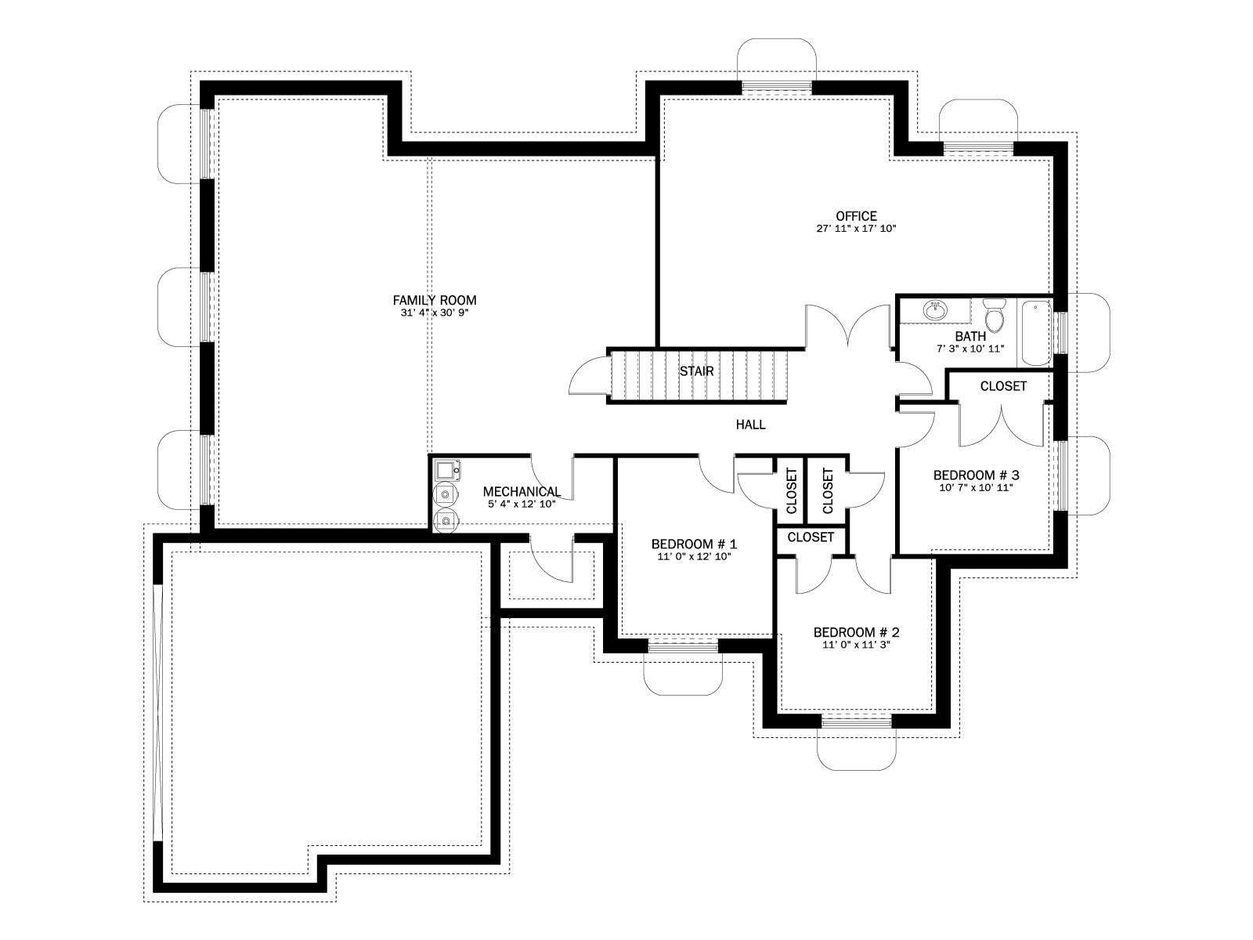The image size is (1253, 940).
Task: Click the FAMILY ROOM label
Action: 434,300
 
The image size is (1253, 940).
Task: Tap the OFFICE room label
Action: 856,215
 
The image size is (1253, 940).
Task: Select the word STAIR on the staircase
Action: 696,371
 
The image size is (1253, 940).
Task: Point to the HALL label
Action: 750,424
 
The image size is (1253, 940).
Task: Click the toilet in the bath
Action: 995,315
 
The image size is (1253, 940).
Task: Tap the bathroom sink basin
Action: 934,311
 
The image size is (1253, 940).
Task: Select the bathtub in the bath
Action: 1035,333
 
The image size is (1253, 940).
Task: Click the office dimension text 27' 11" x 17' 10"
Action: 856,229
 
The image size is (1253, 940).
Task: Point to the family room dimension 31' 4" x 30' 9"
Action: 434,313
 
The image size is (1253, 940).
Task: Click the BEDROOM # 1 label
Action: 694,544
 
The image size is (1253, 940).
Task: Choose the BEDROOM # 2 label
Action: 856,632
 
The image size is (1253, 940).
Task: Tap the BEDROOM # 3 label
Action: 976,475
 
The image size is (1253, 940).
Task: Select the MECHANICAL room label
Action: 522,491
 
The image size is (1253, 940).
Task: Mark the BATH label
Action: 970,336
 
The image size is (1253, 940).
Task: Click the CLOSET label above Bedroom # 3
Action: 1003,386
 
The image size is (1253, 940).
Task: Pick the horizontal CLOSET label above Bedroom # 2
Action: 810,537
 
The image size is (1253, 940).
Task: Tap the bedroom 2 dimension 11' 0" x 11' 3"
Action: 856,645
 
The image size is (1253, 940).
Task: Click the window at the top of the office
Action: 776,87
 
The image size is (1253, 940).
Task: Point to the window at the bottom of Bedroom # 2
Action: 856,722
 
